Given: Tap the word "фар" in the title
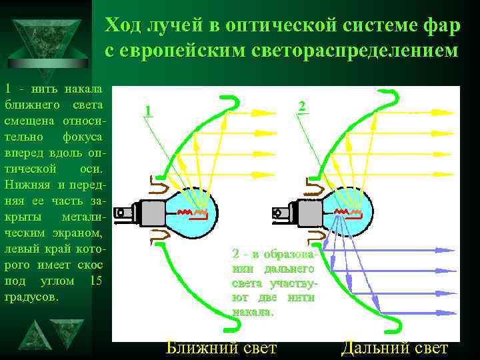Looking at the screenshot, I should [x=441, y=26].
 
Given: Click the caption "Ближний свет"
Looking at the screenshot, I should [x=221, y=347].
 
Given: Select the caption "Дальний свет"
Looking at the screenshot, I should [x=395, y=347].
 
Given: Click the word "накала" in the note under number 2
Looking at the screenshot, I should [x=252, y=312].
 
